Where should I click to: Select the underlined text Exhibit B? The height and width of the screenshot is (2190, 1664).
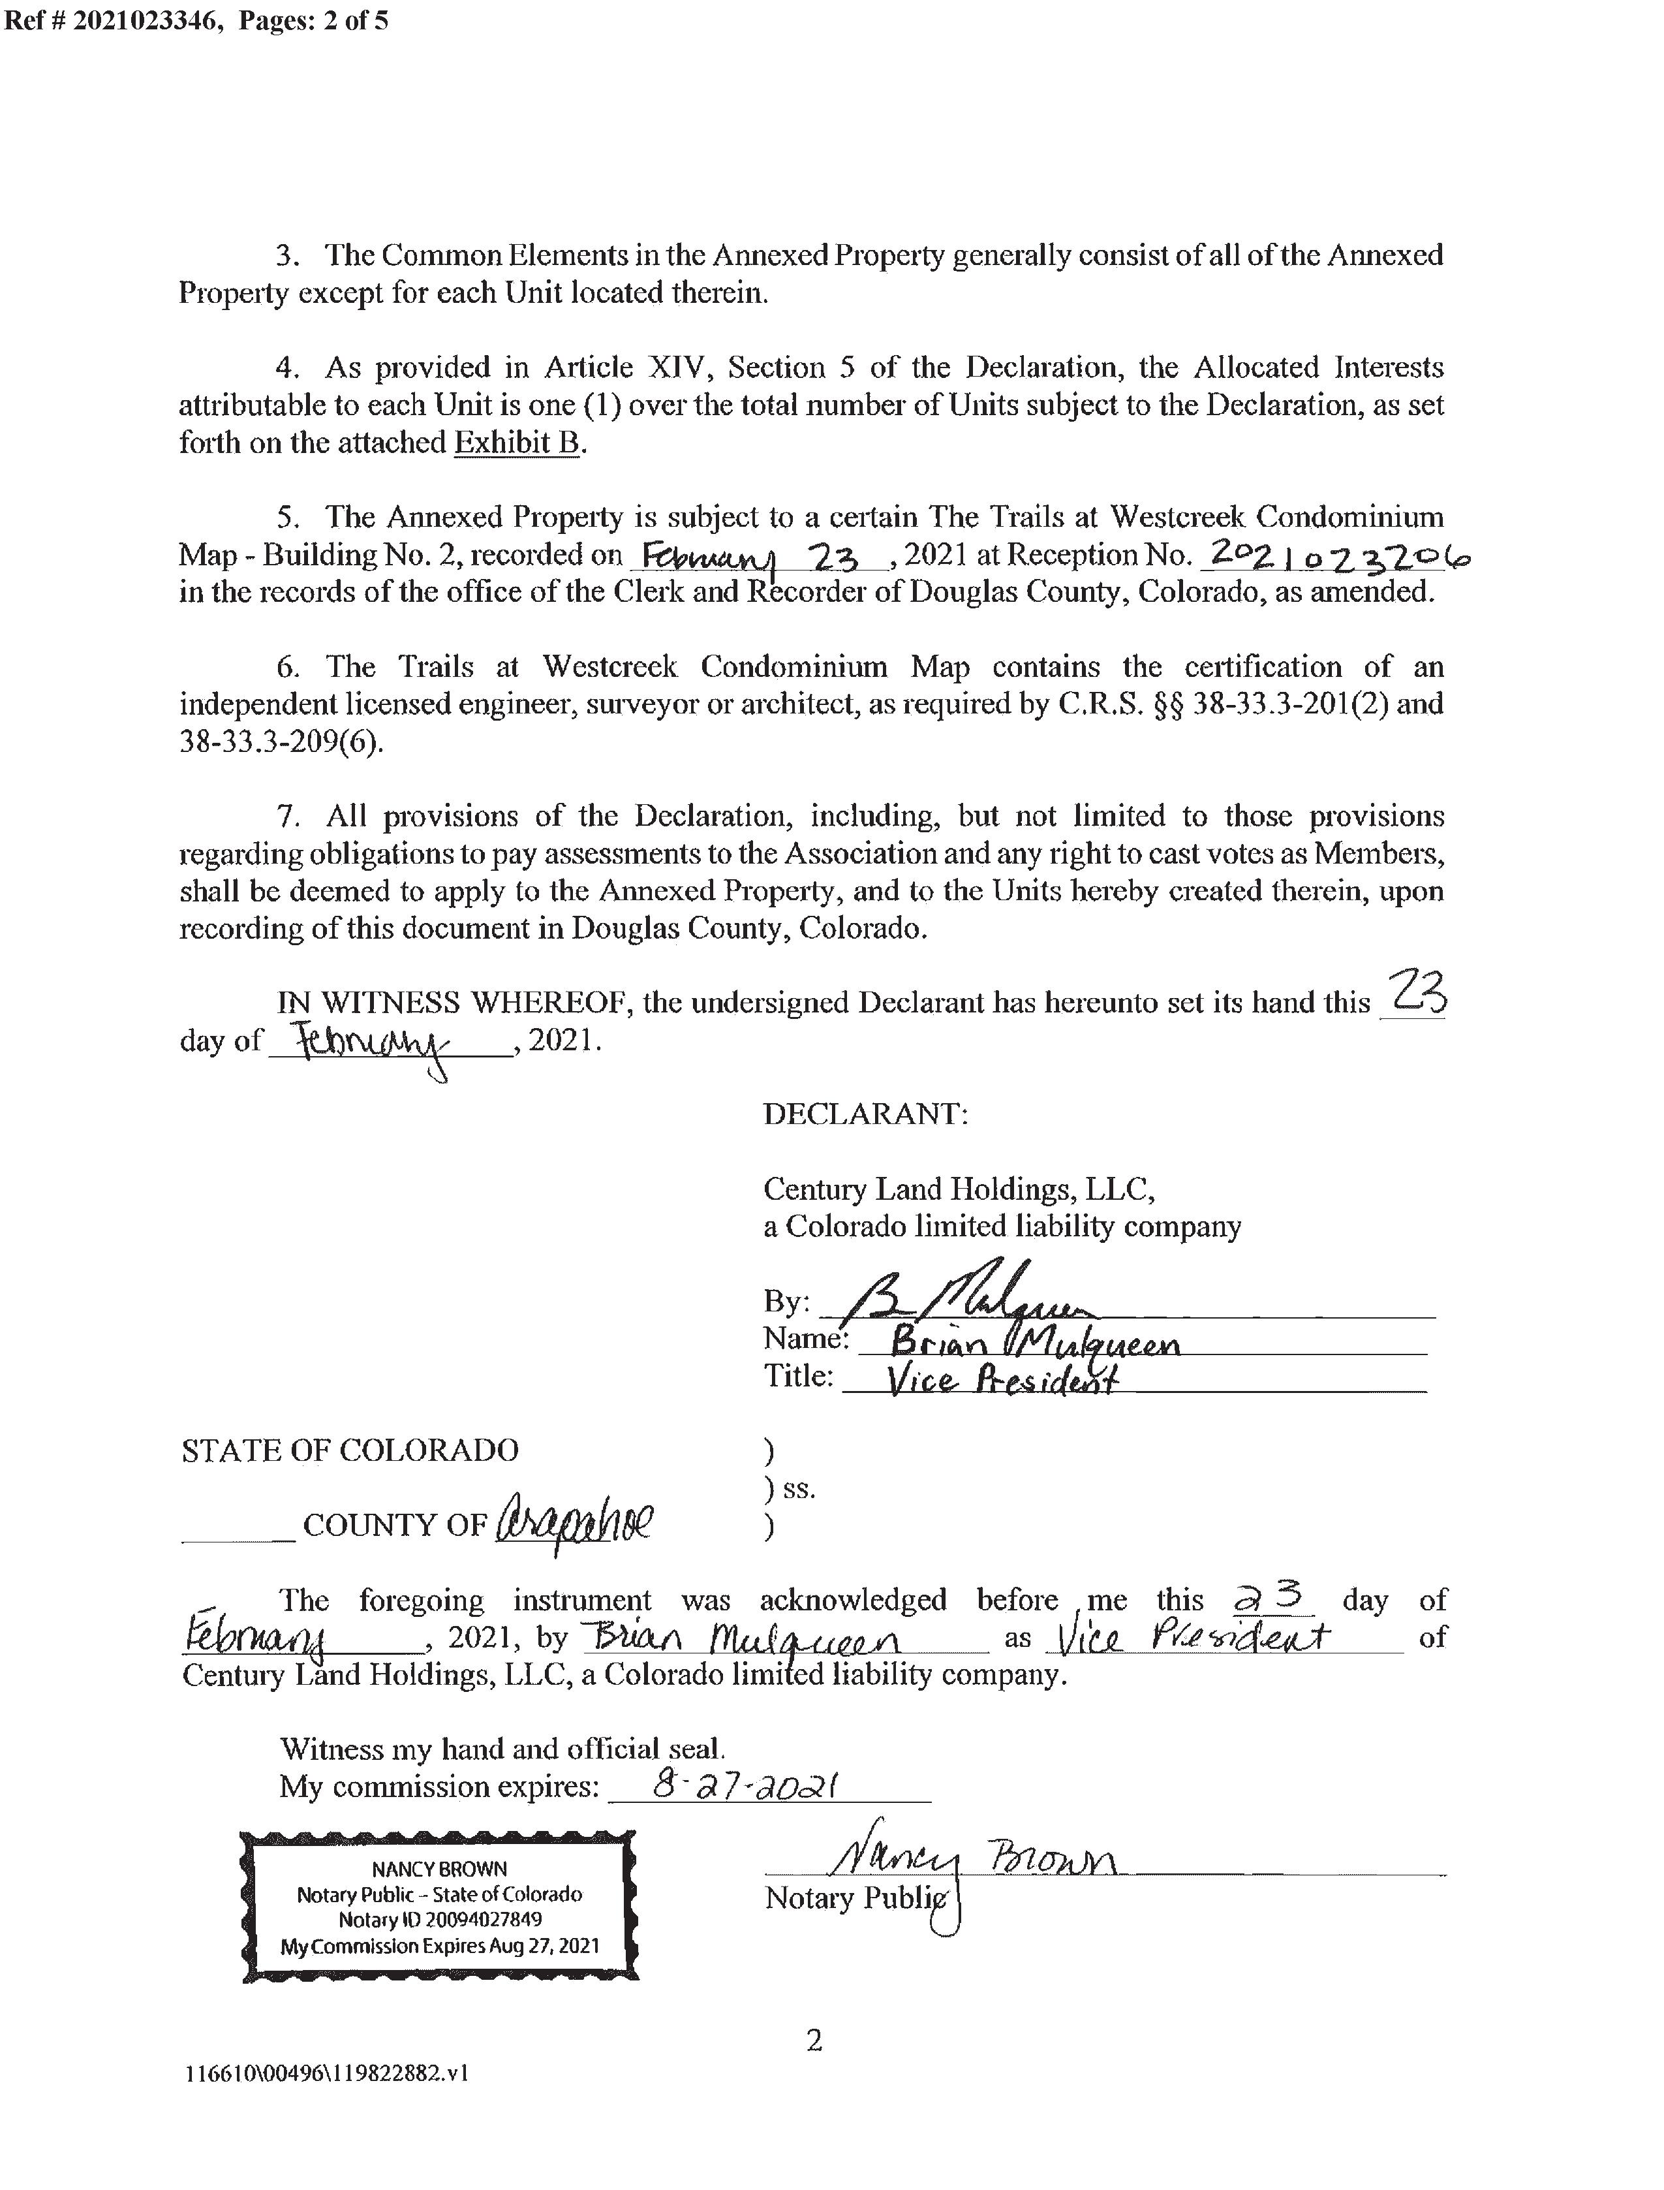(x=516, y=442)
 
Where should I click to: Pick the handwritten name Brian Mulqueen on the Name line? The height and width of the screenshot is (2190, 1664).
(x=1035, y=1344)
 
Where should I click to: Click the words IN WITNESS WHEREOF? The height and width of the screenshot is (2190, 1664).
(x=455, y=1003)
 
